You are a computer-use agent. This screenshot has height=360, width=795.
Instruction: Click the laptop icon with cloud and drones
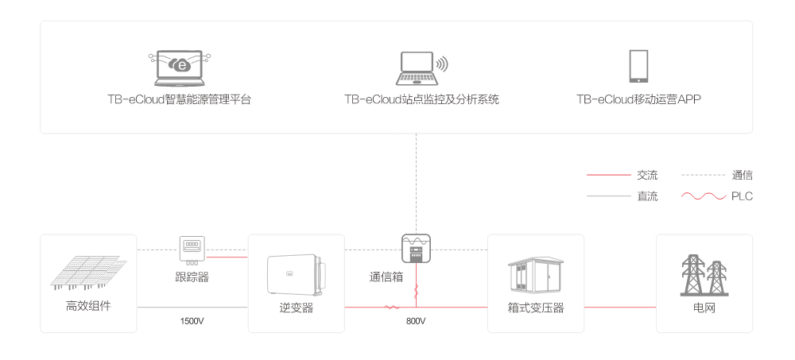pos(180,68)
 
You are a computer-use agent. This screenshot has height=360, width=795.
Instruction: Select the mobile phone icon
pos(638,67)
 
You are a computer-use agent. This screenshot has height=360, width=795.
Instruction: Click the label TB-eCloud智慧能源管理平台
pos(180,100)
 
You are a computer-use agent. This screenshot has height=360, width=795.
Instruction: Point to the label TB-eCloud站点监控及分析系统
pos(421,100)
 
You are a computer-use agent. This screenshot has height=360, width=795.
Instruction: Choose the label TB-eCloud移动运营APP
pos(638,100)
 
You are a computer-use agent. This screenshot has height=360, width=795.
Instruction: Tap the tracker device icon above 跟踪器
pos(192,249)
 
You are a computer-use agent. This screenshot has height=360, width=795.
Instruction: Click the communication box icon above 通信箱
pos(416,249)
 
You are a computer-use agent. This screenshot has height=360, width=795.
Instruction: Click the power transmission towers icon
pos(704,275)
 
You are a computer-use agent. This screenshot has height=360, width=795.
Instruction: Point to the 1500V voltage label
pos(192,321)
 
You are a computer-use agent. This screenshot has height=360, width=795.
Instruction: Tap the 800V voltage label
pos(415,321)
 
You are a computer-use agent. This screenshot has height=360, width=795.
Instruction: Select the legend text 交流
pos(647,175)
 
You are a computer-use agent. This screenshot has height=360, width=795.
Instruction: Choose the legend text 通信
pos(742,175)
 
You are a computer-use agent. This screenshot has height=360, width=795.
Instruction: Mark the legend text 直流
pos(647,196)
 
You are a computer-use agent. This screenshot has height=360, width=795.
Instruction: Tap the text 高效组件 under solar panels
pos(88,306)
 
